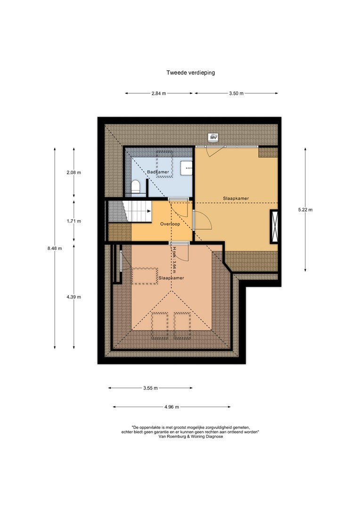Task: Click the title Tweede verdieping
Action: pos(190,73)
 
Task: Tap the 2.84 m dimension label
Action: pos(159,93)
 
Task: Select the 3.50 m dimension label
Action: pos(237,93)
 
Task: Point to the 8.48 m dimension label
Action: pos(55,248)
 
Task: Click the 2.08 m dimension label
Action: pos(74,172)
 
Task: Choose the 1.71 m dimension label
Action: pos(74,221)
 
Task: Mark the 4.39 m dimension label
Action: pos(74,297)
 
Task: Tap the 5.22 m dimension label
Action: pos(305,210)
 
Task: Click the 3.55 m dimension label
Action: pos(151,388)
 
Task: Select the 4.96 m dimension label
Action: pos(172,407)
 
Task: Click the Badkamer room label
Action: pos(158,172)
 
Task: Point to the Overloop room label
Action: pos(170,224)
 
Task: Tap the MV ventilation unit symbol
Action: pos(213,138)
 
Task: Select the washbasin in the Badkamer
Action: pos(187,168)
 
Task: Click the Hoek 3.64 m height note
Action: pos(175,258)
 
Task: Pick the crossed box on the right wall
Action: pos(274,227)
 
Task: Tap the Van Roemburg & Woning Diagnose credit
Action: pos(190,436)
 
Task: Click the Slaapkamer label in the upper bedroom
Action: pos(236,198)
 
